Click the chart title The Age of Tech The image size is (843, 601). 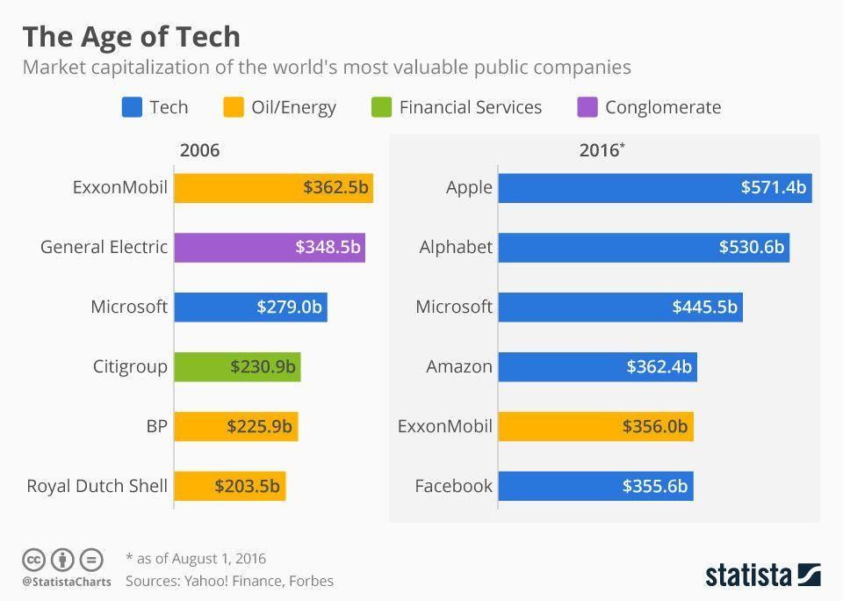pyautogui.click(x=131, y=37)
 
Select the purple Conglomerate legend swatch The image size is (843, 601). pyautogui.click(x=587, y=107)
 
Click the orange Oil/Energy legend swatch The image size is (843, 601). pyautogui.click(x=234, y=107)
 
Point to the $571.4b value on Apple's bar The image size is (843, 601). pyautogui.click(x=773, y=187)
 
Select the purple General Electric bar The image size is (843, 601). pyautogui.click(x=269, y=247)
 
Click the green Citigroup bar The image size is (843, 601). pyautogui.click(x=237, y=366)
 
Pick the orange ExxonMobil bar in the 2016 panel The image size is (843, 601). pyautogui.click(x=595, y=426)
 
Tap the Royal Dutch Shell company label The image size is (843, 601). pyautogui.click(x=97, y=486)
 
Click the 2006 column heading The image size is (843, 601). pyautogui.click(x=199, y=150)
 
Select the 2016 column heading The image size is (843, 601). pyautogui.click(x=602, y=150)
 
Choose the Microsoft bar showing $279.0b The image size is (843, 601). pyautogui.click(x=250, y=307)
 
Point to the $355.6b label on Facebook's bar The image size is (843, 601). pyautogui.click(x=654, y=486)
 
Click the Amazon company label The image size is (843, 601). pyautogui.click(x=459, y=366)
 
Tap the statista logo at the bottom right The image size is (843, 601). pyautogui.click(x=763, y=575)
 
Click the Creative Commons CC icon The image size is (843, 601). pyautogui.click(x=33, y=559)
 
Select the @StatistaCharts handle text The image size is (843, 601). pyautogui.click(x=66, y=582)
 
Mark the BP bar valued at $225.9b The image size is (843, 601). pyautogui.click(x=235, y=426)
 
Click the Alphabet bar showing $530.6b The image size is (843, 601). pyautogui.click(x=643, y=247)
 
